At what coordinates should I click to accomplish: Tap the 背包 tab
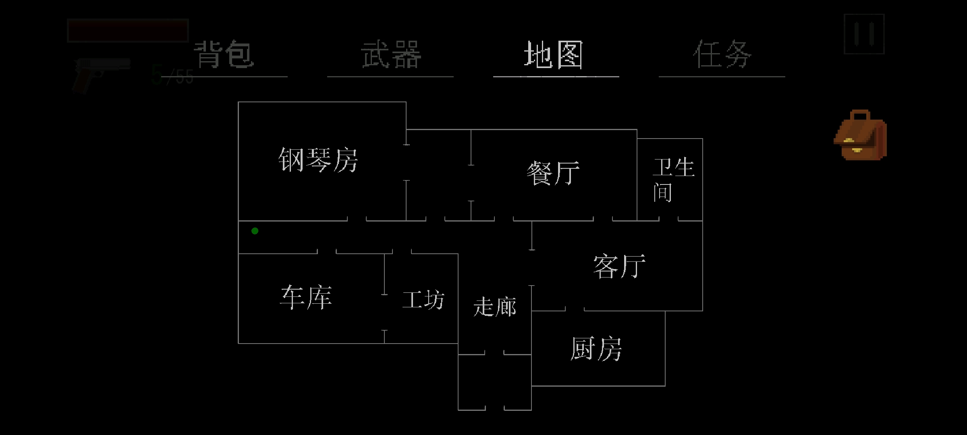(x=224, y=54)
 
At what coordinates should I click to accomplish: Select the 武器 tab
(x=391, y=54)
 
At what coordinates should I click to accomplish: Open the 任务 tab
(x=722, y=54)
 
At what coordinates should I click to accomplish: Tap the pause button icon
(x=864, y=34)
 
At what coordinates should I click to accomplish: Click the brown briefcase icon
(x=860, y=135)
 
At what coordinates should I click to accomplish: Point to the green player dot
(x=255, y=231)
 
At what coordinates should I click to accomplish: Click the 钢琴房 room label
(x=318, y=160)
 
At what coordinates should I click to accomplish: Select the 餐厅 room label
(x=553, y=173)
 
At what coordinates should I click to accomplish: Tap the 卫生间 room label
(x=673, y=180)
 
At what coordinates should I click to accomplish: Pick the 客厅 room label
(x=619, y=266)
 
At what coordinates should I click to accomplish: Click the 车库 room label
(x=306, y=298)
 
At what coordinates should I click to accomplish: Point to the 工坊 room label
(x=423, y=300)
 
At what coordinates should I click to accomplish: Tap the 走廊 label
(x=495, y=307)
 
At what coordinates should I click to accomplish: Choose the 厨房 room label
(x=596, y=349)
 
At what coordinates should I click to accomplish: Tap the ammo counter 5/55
(x=172, y=75)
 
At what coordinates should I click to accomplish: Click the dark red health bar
(x=128, y=30)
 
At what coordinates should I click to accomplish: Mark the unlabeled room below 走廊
(x=495, y=383)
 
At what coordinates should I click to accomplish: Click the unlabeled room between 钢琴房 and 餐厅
(x=438, y=175)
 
